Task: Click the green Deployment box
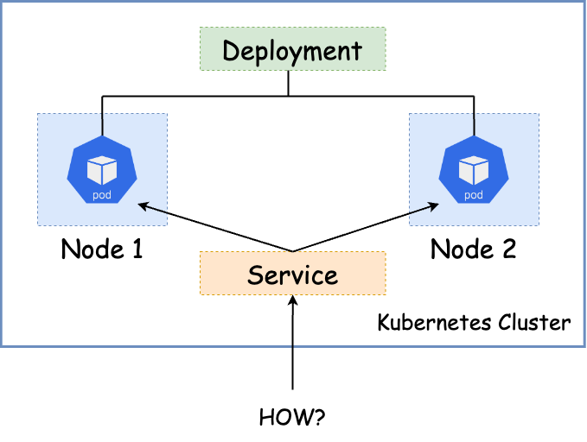[x=292, y=49]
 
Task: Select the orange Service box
[x=292, y=274]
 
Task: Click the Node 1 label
[x=102, y=249]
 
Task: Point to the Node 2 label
[x=474, y=249]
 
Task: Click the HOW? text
[x=292, y=419]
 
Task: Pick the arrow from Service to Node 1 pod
[x=207, y=227]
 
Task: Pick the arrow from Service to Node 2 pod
[x=372, y=227]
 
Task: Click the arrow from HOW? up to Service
[x=293, y=345]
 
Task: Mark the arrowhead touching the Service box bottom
[x=293, y=300]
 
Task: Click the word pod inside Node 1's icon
[x=102, y=195]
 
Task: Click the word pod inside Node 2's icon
[x=474, y=195]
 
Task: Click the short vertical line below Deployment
[x=288, y=83]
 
